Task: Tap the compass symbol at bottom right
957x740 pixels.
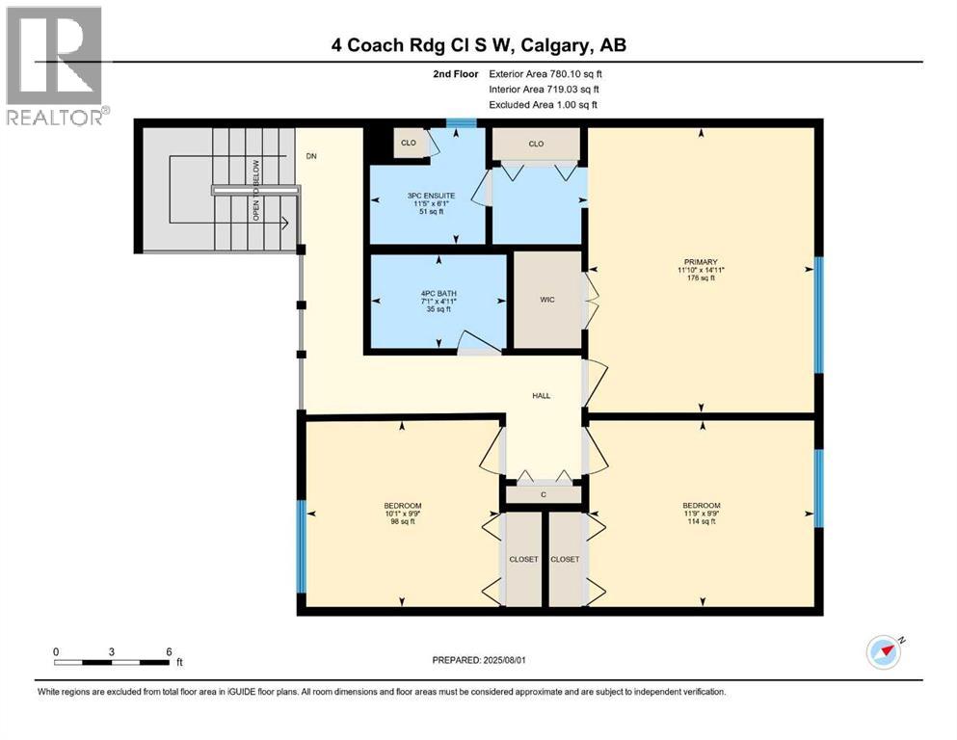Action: point(883,651)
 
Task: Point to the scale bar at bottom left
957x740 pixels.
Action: point(113,662)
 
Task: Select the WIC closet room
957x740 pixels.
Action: point(547,300)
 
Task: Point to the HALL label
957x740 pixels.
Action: point(542,396)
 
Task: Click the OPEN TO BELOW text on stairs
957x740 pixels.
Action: point(256,190)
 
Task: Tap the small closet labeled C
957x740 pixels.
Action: point(544,494)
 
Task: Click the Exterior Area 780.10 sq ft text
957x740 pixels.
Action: point(545,73)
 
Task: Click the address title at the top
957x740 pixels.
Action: point(478,44)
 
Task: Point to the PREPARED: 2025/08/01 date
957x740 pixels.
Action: point(478,660)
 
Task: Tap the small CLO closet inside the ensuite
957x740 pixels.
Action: point(409,143)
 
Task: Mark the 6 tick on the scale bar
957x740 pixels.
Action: point(169,652)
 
